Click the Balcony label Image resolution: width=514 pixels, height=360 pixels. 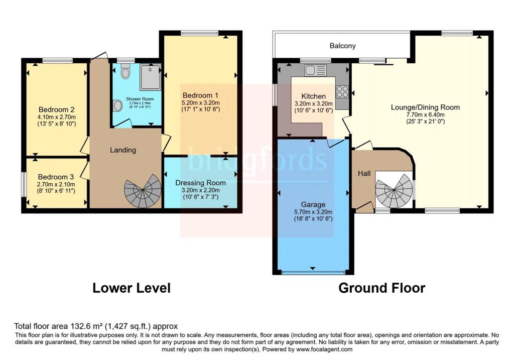coord(342,46)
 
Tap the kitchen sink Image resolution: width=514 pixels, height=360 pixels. coord(315,70)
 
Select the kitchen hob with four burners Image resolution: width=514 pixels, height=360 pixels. coord(342,91)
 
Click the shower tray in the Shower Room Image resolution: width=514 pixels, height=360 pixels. coord(150,77)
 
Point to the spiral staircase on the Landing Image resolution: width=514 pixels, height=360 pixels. coord(143,191)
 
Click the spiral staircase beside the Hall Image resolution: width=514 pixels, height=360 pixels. coord(394,190)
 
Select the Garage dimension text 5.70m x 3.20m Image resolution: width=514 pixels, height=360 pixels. coord(313,212)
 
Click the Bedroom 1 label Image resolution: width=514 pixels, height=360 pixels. coord(200,95)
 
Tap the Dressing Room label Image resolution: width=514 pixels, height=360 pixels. coord(200,183)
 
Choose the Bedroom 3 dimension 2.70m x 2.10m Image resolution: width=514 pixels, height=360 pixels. coord(56,184)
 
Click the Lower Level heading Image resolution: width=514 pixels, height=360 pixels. coord(132,288)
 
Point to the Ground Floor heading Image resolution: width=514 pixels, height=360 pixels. coord(382,288)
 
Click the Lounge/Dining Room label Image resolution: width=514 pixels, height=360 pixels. coord(425,107)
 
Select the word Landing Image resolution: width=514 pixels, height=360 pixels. coord(123,150)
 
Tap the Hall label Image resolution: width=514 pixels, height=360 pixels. coord(364,173)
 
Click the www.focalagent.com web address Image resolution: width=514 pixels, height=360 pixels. coord(324,349)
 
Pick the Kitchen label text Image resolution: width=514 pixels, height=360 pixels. coord(313,96)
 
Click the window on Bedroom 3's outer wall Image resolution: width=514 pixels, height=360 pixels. coord(24,185)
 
